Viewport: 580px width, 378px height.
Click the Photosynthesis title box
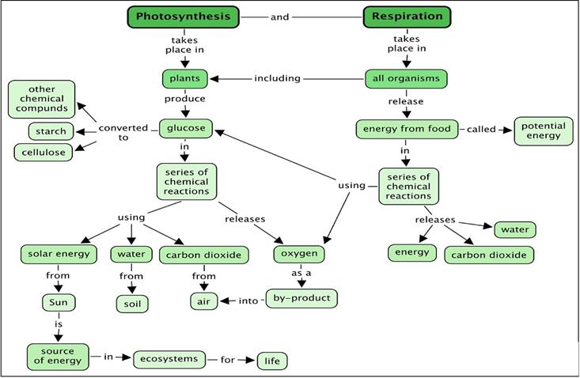click(183, 17)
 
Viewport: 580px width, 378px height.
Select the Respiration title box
click(407, 17)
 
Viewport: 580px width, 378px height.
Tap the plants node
click(185, 78)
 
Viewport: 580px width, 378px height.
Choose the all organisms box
click(407, 78)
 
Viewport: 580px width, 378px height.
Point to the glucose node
click(185, 128)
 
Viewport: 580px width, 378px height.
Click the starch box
click(51, 130)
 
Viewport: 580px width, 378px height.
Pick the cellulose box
click(43, 151)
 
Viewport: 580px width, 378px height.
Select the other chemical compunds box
click(42, 99)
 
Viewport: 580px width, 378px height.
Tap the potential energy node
click(543, 130)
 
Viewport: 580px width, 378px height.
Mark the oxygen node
click(300, 254)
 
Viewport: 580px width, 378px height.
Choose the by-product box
click(301, 298)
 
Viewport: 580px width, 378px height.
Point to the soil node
click(131, 303)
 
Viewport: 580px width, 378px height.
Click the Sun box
click(58, 302)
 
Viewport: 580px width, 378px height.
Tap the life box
click(272, 361)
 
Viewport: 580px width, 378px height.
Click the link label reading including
click(277, 78)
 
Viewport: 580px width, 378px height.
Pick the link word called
click(481, 129)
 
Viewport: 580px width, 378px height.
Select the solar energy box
click(59, 254)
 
